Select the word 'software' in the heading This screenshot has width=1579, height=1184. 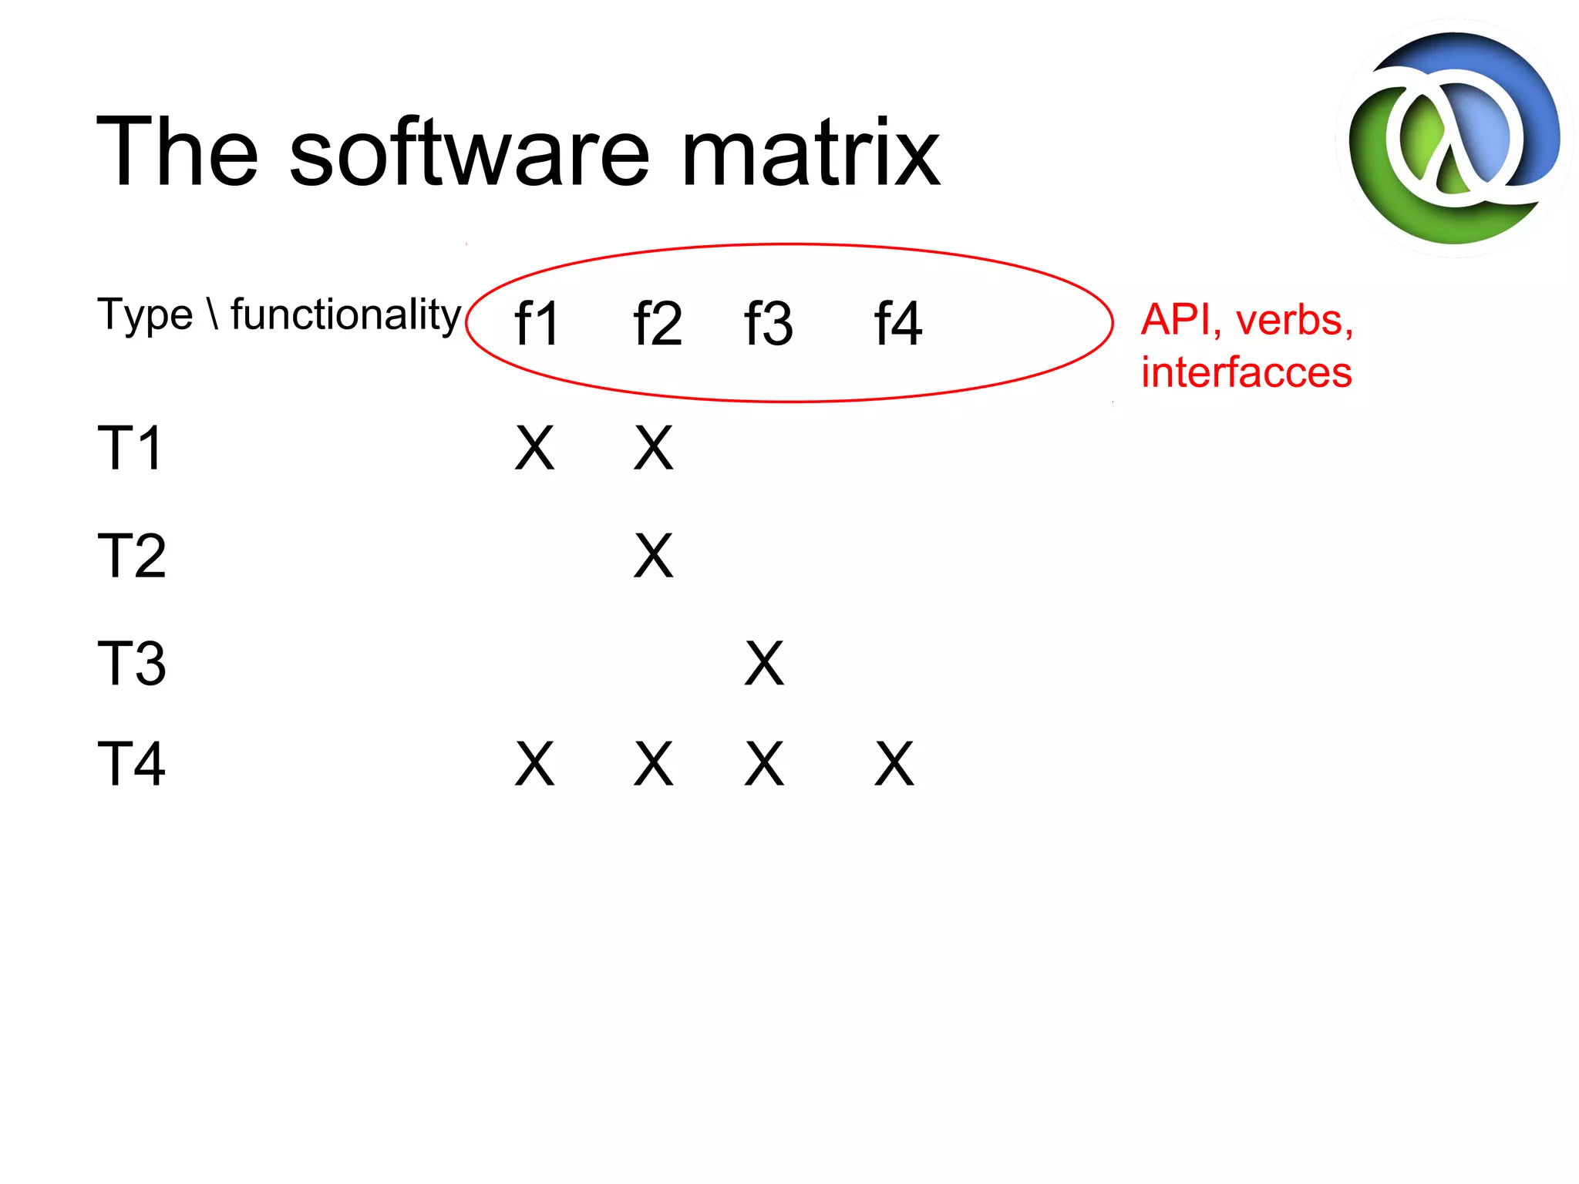click(x=470, y=153)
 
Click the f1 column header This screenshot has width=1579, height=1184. click(x=537, y=324)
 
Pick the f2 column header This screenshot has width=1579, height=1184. click(x=657, y=324)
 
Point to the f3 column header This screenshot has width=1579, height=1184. click(x=768, y=324)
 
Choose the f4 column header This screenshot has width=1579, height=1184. click(x=897, y=324)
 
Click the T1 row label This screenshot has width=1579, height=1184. click(x=130, y=448)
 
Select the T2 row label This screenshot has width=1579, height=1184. click(x=131, y=556)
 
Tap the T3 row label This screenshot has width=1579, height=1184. click(x=131, y=664)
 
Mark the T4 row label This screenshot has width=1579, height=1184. click(x=131, y=764)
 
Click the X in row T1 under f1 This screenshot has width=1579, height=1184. click(x=534, y=448)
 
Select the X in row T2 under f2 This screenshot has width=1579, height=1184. click(x=653, y=556)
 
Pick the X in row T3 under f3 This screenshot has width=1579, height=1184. click(x=764, y=664)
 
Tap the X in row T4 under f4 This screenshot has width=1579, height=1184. click(x=894, y=764)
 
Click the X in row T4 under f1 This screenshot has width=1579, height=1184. click(x=534, y=764)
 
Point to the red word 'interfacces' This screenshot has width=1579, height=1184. click(x=1246, y=372)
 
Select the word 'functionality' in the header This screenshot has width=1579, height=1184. click(x=345, y=314)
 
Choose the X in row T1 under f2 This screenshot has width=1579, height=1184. click(x=653, y=448)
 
